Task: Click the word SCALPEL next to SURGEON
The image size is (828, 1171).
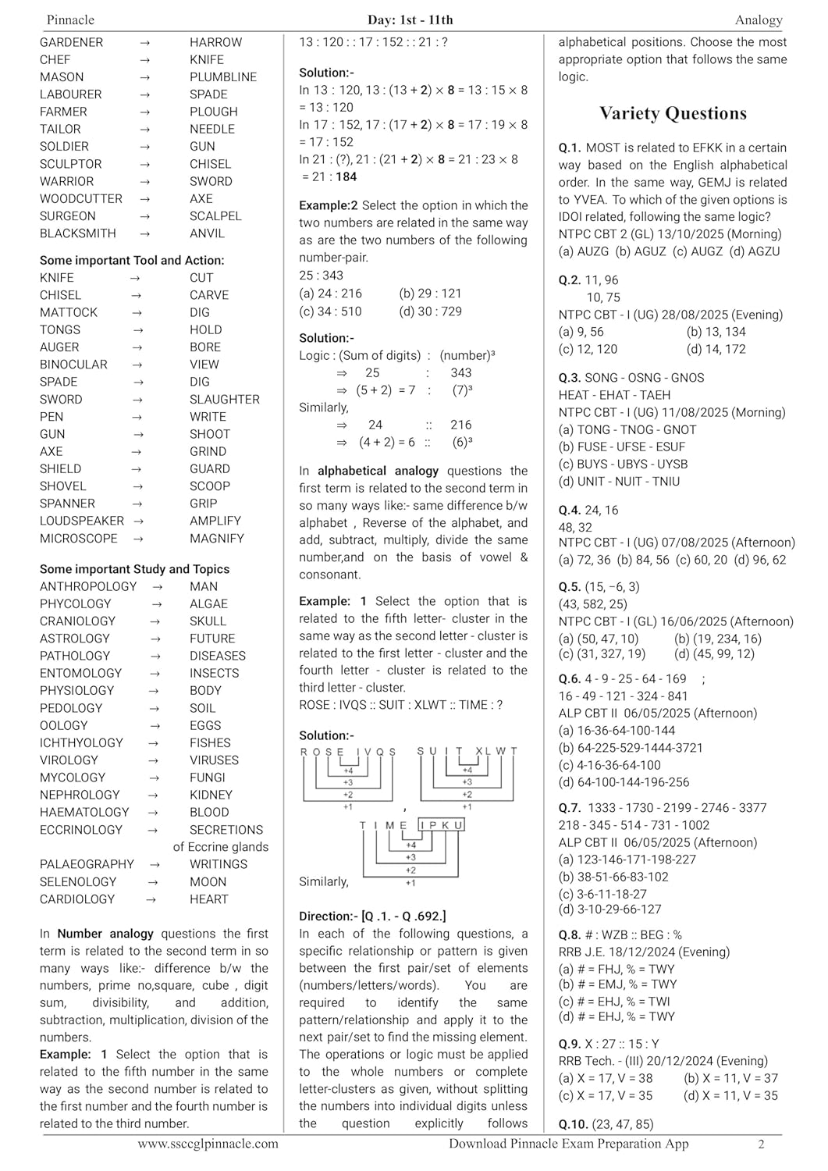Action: tap(215, 216)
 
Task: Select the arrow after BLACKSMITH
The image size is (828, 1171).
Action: tap(145, 233)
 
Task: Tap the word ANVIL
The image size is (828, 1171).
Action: tap(207, 233)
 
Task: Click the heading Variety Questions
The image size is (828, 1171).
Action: tap(673, 114)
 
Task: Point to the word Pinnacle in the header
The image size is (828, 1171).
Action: tap(70, 20)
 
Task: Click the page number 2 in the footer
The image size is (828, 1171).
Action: tap(761, 1144)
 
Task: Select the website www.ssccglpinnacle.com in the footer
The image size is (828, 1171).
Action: tap(208, 1144)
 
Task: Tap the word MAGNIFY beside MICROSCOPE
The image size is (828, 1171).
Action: tap(216, 539)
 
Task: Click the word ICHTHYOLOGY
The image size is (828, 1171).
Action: tap(81, 743)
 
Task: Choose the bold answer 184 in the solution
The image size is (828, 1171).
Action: tap(346, 177)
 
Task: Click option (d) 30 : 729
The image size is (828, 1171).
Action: tap(430, 311)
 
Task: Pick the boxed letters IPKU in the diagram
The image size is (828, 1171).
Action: tap(442, 825)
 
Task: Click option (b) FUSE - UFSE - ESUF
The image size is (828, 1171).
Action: tap(622, 447)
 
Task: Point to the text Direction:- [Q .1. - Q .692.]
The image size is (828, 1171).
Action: tap(372, 917)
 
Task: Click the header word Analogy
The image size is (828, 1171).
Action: tap(758, 20)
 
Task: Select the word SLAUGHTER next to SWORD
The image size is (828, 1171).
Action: tap(224, 400)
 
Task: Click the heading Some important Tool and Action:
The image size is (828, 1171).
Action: tap(132, 261)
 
